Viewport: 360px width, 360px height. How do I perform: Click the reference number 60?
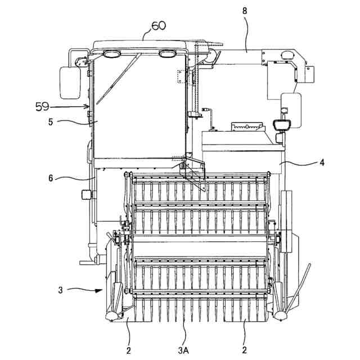point(158,26)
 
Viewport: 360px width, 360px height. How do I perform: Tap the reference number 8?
point(245,11)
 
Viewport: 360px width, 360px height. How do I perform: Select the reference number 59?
point(42,107)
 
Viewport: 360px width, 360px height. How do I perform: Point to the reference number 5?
point(51,122)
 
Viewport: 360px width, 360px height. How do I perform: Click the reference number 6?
point(51,178)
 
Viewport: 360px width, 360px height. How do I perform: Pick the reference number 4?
point(322,163)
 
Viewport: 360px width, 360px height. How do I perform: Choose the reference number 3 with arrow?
point(60,290)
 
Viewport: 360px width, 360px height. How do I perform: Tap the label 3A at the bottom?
point(183,350)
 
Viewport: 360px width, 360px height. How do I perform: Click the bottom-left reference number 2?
point(128,350)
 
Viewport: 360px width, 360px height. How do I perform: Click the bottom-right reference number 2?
point(244,350)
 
